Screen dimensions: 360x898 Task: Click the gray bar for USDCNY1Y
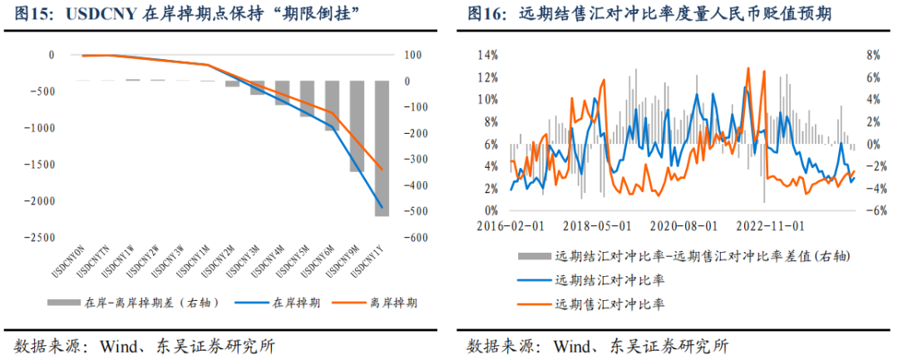click(x=382, y=148)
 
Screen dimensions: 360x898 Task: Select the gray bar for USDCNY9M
click(x=357, y=126)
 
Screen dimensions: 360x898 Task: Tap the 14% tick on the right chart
click(x=486, y=55)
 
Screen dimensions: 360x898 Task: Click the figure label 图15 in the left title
click(x=32, y=15)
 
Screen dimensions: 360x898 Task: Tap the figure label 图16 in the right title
click(x=484, y=15)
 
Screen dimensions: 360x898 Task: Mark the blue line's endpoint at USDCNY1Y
click(x=382, y=207)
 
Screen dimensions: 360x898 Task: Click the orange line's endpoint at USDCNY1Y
click(x=382, y=169)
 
